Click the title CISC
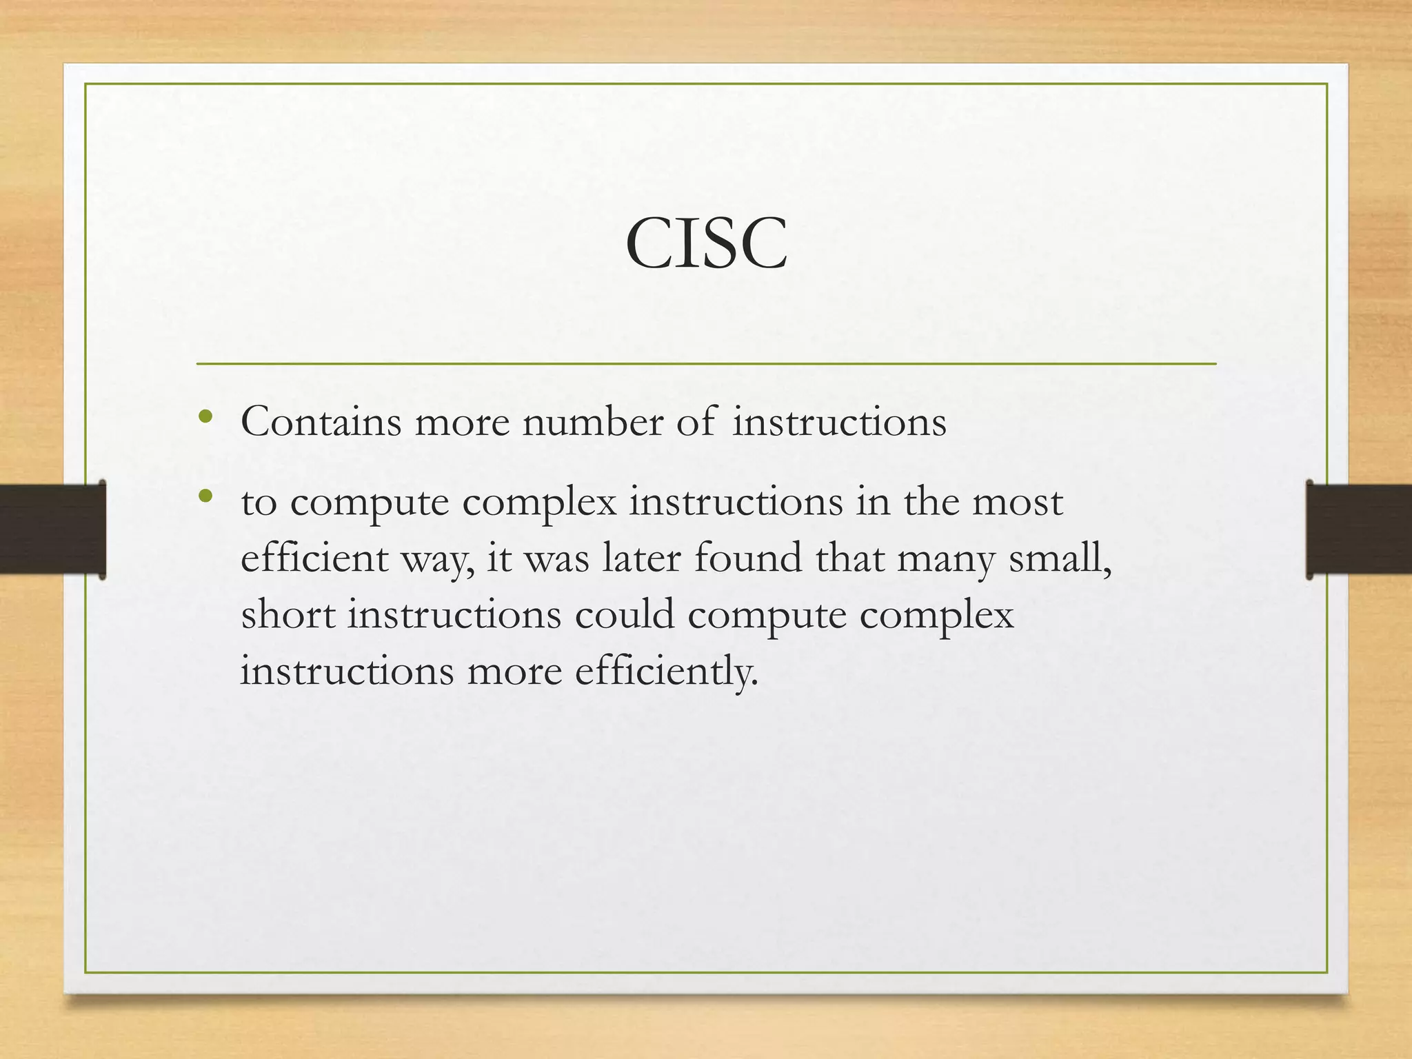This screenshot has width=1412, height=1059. [x=706, y=243]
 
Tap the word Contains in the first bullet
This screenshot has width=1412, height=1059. [x=321, y=422]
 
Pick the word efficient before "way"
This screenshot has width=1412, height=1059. [x=314, y=558]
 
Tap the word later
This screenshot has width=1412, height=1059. [x=641, y=558]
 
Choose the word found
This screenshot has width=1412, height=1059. [x=747, y=558]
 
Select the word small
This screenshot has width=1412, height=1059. [x=1058, y=558]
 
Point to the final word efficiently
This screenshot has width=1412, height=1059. [x=666, y=671]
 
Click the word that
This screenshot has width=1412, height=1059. [x=849, y=558]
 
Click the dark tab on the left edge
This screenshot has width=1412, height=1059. [x=52, y=529]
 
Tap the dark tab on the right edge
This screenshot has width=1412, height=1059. [x=1359, y=529]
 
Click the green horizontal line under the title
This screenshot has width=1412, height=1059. [x=706, y=363]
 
